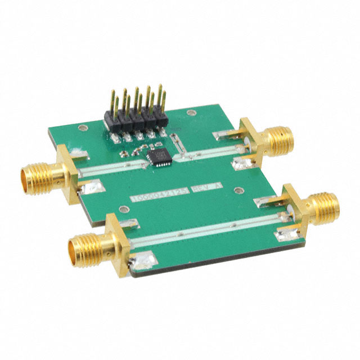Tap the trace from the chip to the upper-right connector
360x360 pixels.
pos(208,154)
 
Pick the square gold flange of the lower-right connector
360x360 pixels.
pos(295,213)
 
